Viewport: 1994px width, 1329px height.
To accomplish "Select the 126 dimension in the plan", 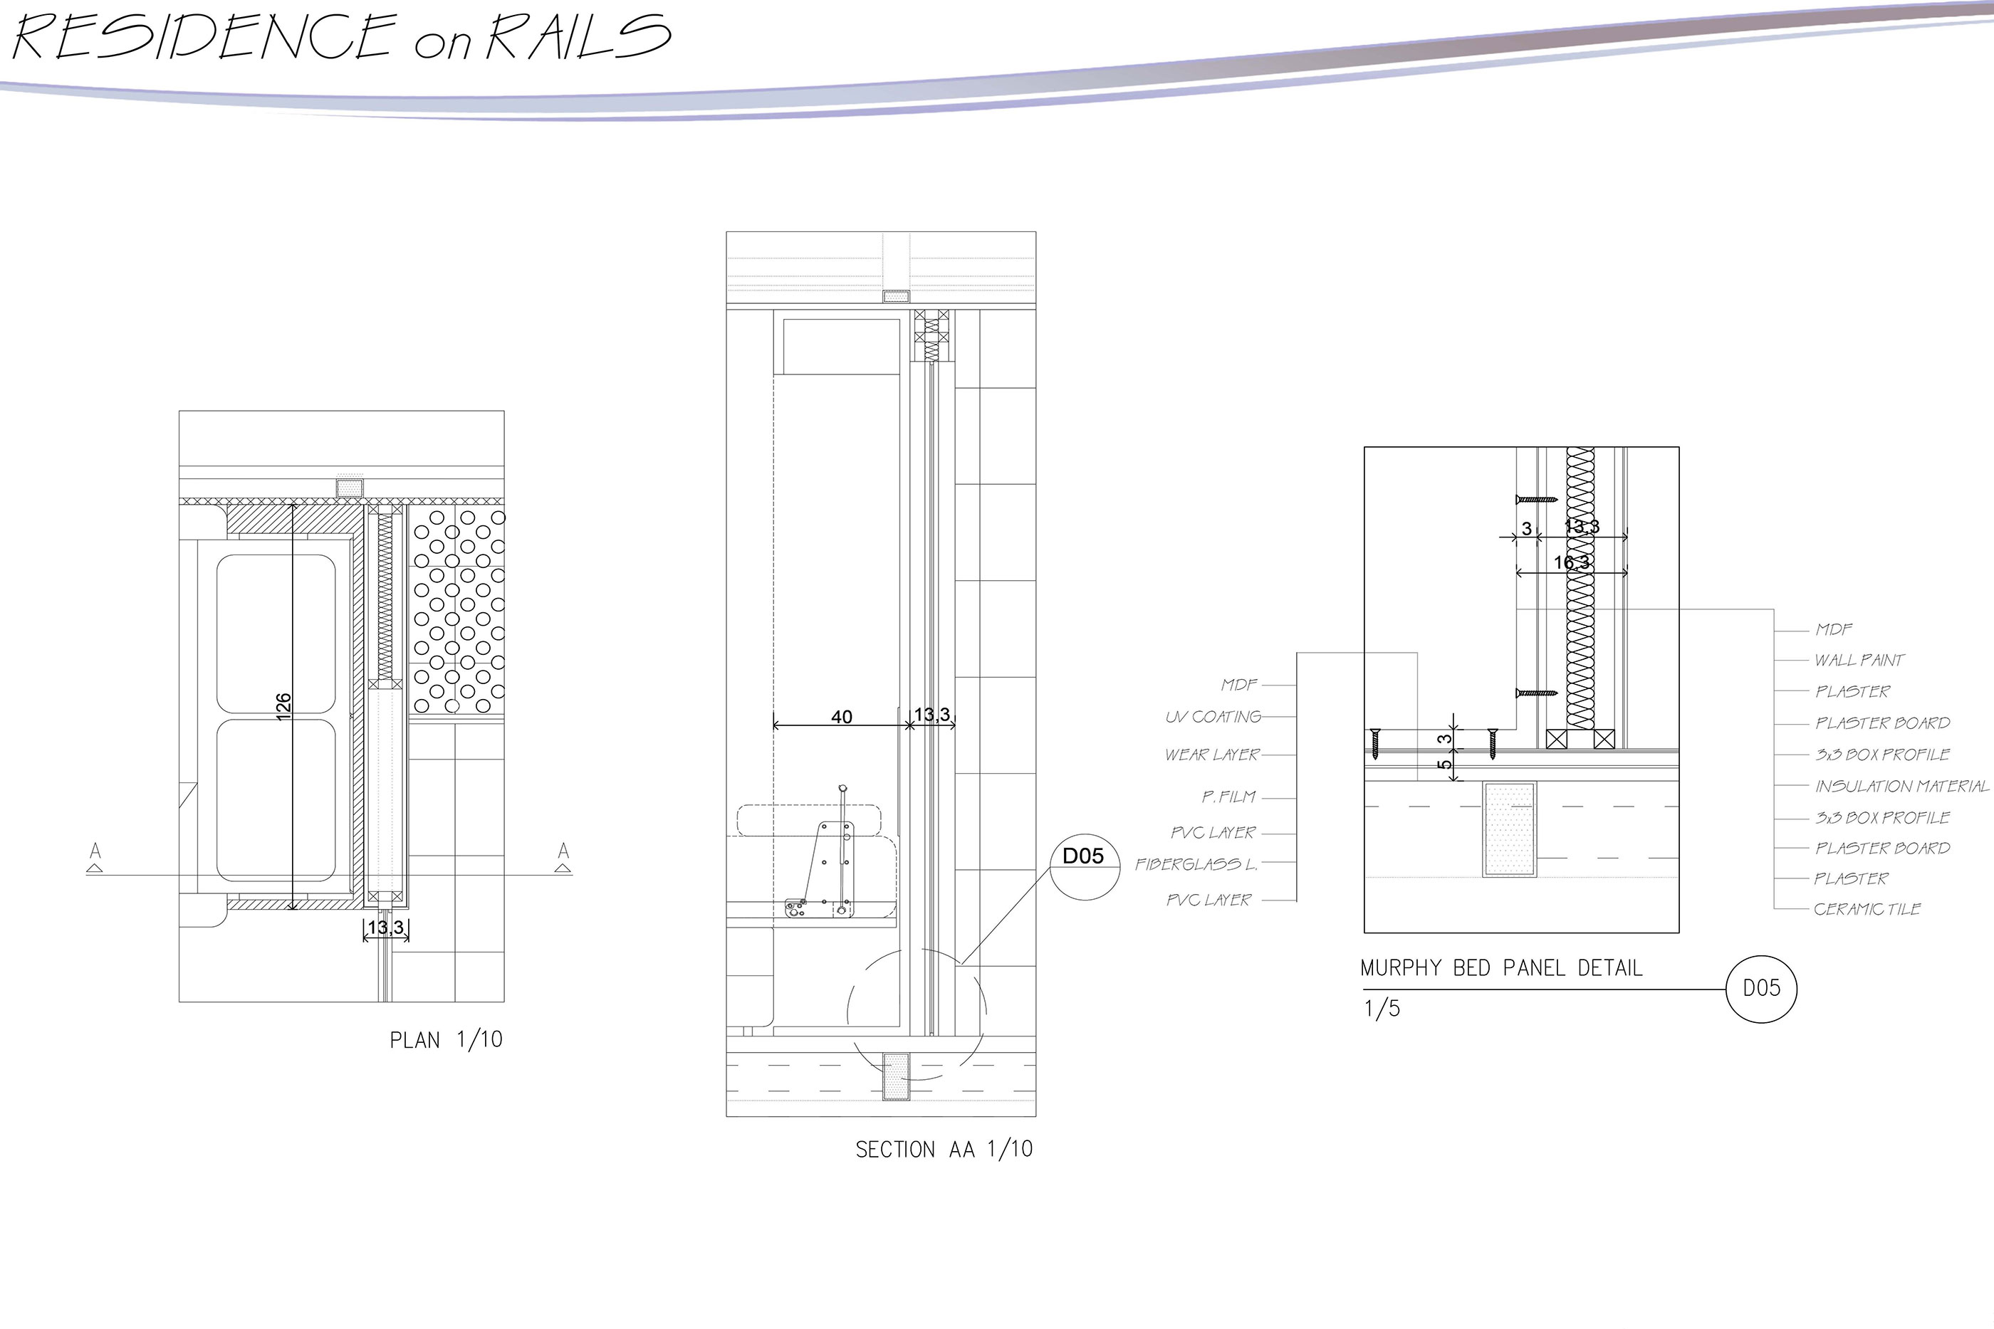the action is pyautogui.click(x=283, y=706).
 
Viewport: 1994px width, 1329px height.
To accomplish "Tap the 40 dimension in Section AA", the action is pyautogui.click(x=841, y=717).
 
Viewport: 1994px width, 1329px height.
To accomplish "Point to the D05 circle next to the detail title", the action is pyautogui.click(x=1761, y=988).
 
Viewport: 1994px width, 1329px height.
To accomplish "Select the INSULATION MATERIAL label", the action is pyautogui.click(x=1901, y=787).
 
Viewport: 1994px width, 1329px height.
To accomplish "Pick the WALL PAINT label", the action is pyautogui.click(x=1859, y=661).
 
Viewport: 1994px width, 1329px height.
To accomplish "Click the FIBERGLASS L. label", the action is pyautogui.click(x=1196, y=865).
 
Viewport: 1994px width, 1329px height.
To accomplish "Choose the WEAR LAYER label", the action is pyautogui.click(x=1212, y=755).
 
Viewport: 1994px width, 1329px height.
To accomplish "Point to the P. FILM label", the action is pyautogui.click(x=1228, y=797).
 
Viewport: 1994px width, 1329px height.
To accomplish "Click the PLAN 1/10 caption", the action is pyautogui.click(x=446, y=1040).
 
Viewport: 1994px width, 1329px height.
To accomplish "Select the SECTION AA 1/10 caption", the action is pyautogui.click(x=944, y=1150).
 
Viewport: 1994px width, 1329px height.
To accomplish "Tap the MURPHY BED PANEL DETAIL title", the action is pyautogui.click(x=1501, y=968).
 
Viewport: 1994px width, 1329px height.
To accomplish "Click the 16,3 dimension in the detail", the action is pyautogui.click(x=1572, y=562).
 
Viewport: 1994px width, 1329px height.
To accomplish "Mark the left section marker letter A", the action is pyautogui.click(x=96, y=850).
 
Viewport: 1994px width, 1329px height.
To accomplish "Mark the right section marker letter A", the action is pyautogui.click(x=563, y=850).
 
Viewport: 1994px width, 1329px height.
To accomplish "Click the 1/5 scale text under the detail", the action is pyautogui.click(x=1382, y=1009).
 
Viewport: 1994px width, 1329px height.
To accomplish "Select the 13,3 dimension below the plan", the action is pyautogui.click(x=386, y=928).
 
